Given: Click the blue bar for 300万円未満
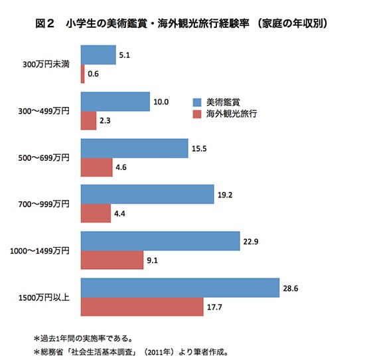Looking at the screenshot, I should pyautogui.click(x=98, y=55).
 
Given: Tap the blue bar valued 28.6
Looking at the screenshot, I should pyautogui.click(x=179, y=288).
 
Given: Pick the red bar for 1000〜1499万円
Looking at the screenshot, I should pyautogui.click(x=111, y=260).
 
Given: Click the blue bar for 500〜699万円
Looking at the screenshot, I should pyautogui.click(x=134, y=148).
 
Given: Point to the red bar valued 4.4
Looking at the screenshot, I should pyautogui.click(x=95, y=213).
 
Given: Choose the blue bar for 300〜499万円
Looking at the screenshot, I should pyautogui.click(x=115, y=102).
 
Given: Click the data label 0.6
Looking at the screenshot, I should pyautogui.click(x=94, y=75).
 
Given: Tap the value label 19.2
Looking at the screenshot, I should pyautogui.click(x=224, y=196).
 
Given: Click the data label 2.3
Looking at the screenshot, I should pyautogui.click(x=106, y=122).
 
